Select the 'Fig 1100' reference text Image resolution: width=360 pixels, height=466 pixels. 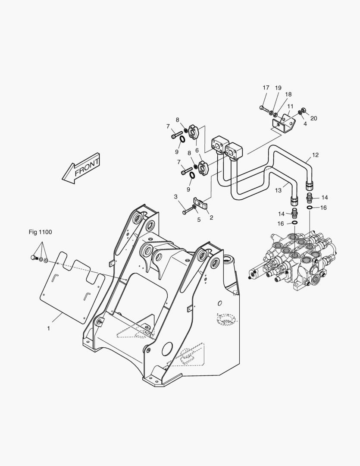pyautogui.click(x=40, y=232)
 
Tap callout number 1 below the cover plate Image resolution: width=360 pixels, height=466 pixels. pyautogui.click(x=49, y=328)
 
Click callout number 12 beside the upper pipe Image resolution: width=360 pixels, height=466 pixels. pyautogui.click(x=316, y=155)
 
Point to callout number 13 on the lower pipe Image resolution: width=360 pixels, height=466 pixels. pyautogui.click(x=279, y=190)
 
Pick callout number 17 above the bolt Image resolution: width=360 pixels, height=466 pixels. pyautogui.click(x=266, y=88)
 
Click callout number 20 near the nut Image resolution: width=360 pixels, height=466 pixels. pyautogui.click(x=313, y=118)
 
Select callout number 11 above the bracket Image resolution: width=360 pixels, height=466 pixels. pyautogui.click(x=290, y=106)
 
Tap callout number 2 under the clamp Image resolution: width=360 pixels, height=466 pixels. pyautogui.click(x=211, y=217)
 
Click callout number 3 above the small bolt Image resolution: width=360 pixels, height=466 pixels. pyautogui.click(x=175, y=197)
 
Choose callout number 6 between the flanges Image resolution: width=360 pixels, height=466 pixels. pyautogui.click(x=197, y=150)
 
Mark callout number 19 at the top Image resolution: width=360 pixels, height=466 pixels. pyautogui.click(x=278, y=88)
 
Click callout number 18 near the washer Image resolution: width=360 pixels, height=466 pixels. pyautogui.click(x=288, y=94)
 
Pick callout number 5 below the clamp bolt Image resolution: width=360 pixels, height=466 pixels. pyautogui.click(x=199, y=220)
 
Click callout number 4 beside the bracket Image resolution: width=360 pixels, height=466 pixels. pyautogui.click(x=305, y=124)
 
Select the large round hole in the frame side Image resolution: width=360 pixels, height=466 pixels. pyautogui.click(x=167, y=350)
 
